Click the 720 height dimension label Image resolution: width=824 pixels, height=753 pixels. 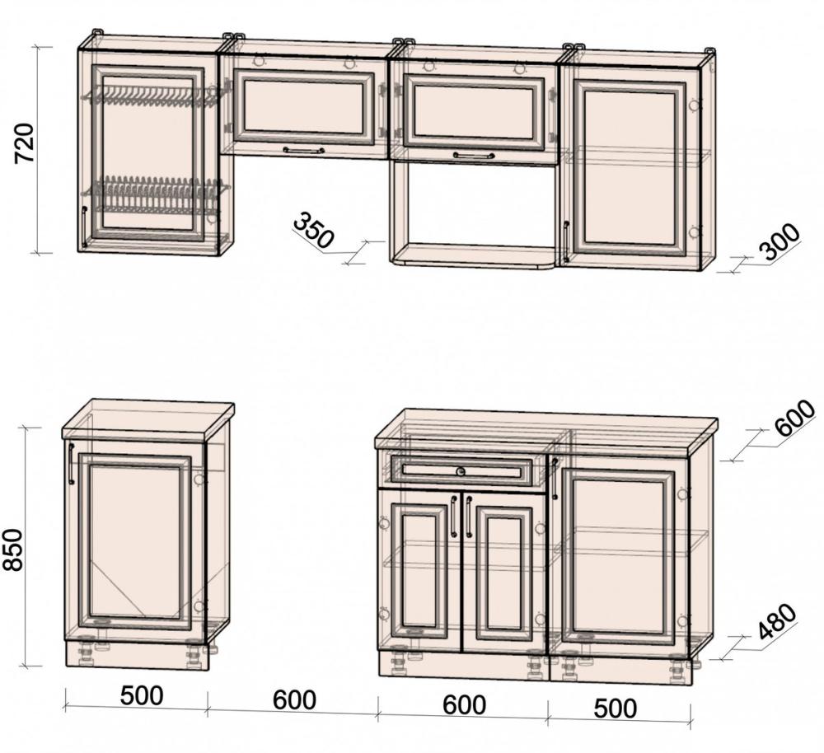tap(24, 143)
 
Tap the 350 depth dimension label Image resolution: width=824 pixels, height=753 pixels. tap(313, 230)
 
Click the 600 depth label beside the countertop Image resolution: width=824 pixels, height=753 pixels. tap(794, 418)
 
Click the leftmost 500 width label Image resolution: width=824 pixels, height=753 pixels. tap(142, 695)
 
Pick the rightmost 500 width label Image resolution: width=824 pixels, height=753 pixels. tap(616, 708)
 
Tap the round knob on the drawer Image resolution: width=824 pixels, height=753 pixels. tap(461, 471)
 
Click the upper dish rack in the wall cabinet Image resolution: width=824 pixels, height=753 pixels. tap(152, 96)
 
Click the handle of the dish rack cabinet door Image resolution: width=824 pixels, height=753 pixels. tap(84, 227)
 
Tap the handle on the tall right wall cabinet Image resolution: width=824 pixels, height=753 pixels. tap(566, 241)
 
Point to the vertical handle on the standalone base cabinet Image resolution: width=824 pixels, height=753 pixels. tap(71, 464)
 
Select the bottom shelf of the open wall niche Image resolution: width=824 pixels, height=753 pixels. tap(472, 256)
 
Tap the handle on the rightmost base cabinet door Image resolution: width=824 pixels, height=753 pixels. tap(555, 478)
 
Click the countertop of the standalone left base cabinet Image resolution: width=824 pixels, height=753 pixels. tap(148, 419)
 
